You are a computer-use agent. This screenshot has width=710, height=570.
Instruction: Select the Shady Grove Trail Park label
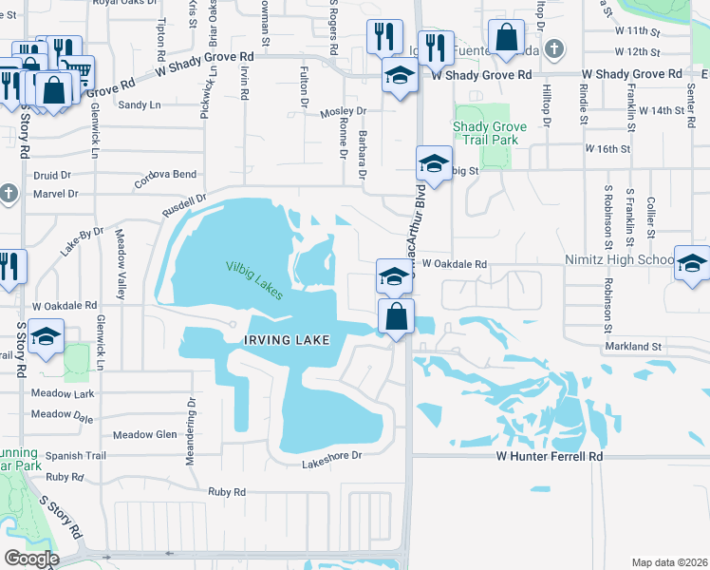point(485,133)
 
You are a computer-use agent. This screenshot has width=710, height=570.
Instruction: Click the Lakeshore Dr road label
point(332,455)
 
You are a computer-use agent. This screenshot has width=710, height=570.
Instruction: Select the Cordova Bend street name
point(167,175)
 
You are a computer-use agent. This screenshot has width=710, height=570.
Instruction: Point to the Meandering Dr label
point(189,410)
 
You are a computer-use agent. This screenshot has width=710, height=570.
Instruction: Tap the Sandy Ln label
point(139,104)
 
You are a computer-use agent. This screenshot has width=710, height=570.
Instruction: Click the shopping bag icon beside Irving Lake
point(397,315)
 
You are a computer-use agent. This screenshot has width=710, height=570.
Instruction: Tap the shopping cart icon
point(77,69)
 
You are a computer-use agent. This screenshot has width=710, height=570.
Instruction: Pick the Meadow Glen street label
point(145,435)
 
